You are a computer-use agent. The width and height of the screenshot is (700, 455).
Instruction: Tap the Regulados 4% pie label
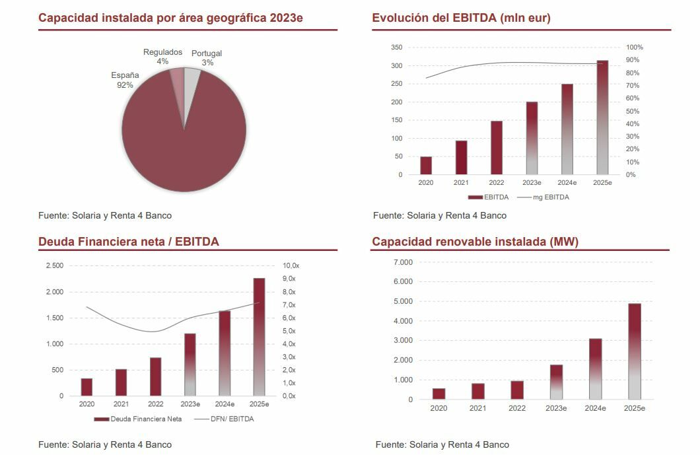[x=162, y=57]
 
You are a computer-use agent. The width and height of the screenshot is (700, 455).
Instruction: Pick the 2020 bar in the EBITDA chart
[x=426, y=166]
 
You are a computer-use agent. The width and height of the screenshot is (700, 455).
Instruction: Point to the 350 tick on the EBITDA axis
[x=396, y=48]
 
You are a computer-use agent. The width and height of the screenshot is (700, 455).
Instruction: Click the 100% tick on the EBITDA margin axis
[x=634, y=48]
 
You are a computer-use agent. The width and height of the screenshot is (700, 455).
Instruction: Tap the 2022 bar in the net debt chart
[x=156, y=376]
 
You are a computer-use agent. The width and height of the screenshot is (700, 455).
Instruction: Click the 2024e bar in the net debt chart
[x=225, y=353]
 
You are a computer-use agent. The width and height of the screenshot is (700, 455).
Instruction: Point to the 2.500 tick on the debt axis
[x=55, y=265]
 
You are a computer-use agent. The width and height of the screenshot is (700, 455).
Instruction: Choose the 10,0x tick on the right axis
[x=291, y=265]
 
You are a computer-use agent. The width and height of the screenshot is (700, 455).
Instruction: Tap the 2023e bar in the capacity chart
[x=556, y=382]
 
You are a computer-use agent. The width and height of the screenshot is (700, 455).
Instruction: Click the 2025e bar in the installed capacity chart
[x=634, y=351]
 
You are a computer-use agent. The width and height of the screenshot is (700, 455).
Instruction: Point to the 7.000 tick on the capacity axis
[x=402, y=262]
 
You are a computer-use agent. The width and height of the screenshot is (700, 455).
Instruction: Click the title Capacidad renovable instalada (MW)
[x=475, y=242]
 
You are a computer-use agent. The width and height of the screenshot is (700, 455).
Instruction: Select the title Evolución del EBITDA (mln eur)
[x=461, y=18]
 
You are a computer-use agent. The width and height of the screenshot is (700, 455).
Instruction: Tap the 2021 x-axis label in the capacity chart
[x=478, y=408]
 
